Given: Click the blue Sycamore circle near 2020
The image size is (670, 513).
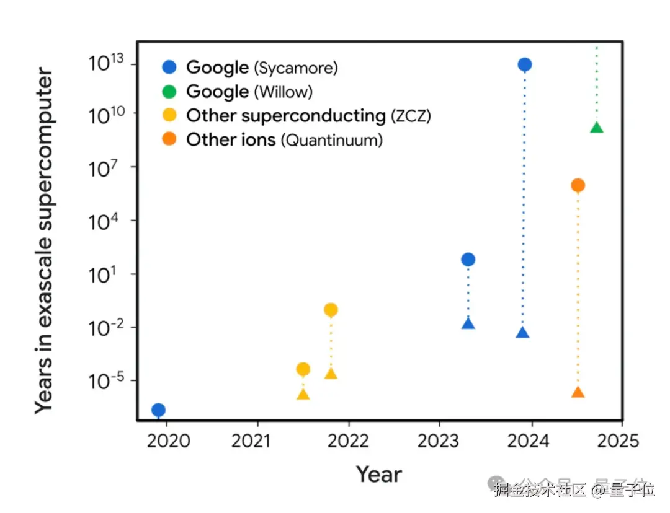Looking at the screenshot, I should pyautogui.click(x=158, y=410).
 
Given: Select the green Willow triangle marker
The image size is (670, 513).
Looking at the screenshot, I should pyautogui.click(x=597, y=128).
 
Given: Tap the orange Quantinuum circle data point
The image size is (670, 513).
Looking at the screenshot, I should pyautogui.click(x=578, y=185).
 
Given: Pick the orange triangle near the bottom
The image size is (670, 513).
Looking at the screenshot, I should pyautogui.click(x=578, y=393).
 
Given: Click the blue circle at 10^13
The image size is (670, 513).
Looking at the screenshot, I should pyautogui.click(x=525, y=64).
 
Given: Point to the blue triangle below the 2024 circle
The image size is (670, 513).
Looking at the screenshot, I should pyautogui.click(x=522, y=333).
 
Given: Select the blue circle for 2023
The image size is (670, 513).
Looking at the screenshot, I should pyautogui.click(x=468, y=260).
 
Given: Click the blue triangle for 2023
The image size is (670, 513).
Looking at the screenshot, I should pyautogui.click(x=468, y=323).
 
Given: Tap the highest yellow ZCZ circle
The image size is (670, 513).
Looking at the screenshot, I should pyautogui.click(x=331, y=310).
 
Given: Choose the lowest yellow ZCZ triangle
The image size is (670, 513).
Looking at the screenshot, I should pyautogui.click(x=303, y=394).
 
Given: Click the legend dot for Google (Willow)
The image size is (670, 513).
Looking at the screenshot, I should pyautogui.click(x=169, y=92).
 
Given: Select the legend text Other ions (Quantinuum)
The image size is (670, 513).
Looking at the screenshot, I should pyautogui.click(x=284, y=140).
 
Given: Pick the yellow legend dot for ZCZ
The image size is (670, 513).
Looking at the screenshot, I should pyautogui.click(x=169, y=116).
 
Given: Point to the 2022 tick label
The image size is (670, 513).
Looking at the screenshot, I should pyautogui.click(x=348, y=441).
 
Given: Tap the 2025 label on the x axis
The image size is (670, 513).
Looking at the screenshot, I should pyautogui.click(x=619, y=441).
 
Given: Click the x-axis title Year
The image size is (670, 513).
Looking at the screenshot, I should pyautogui.click(x=378, y=475).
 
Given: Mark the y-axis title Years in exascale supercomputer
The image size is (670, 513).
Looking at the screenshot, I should pyautogui.click(x=45, y=242).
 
